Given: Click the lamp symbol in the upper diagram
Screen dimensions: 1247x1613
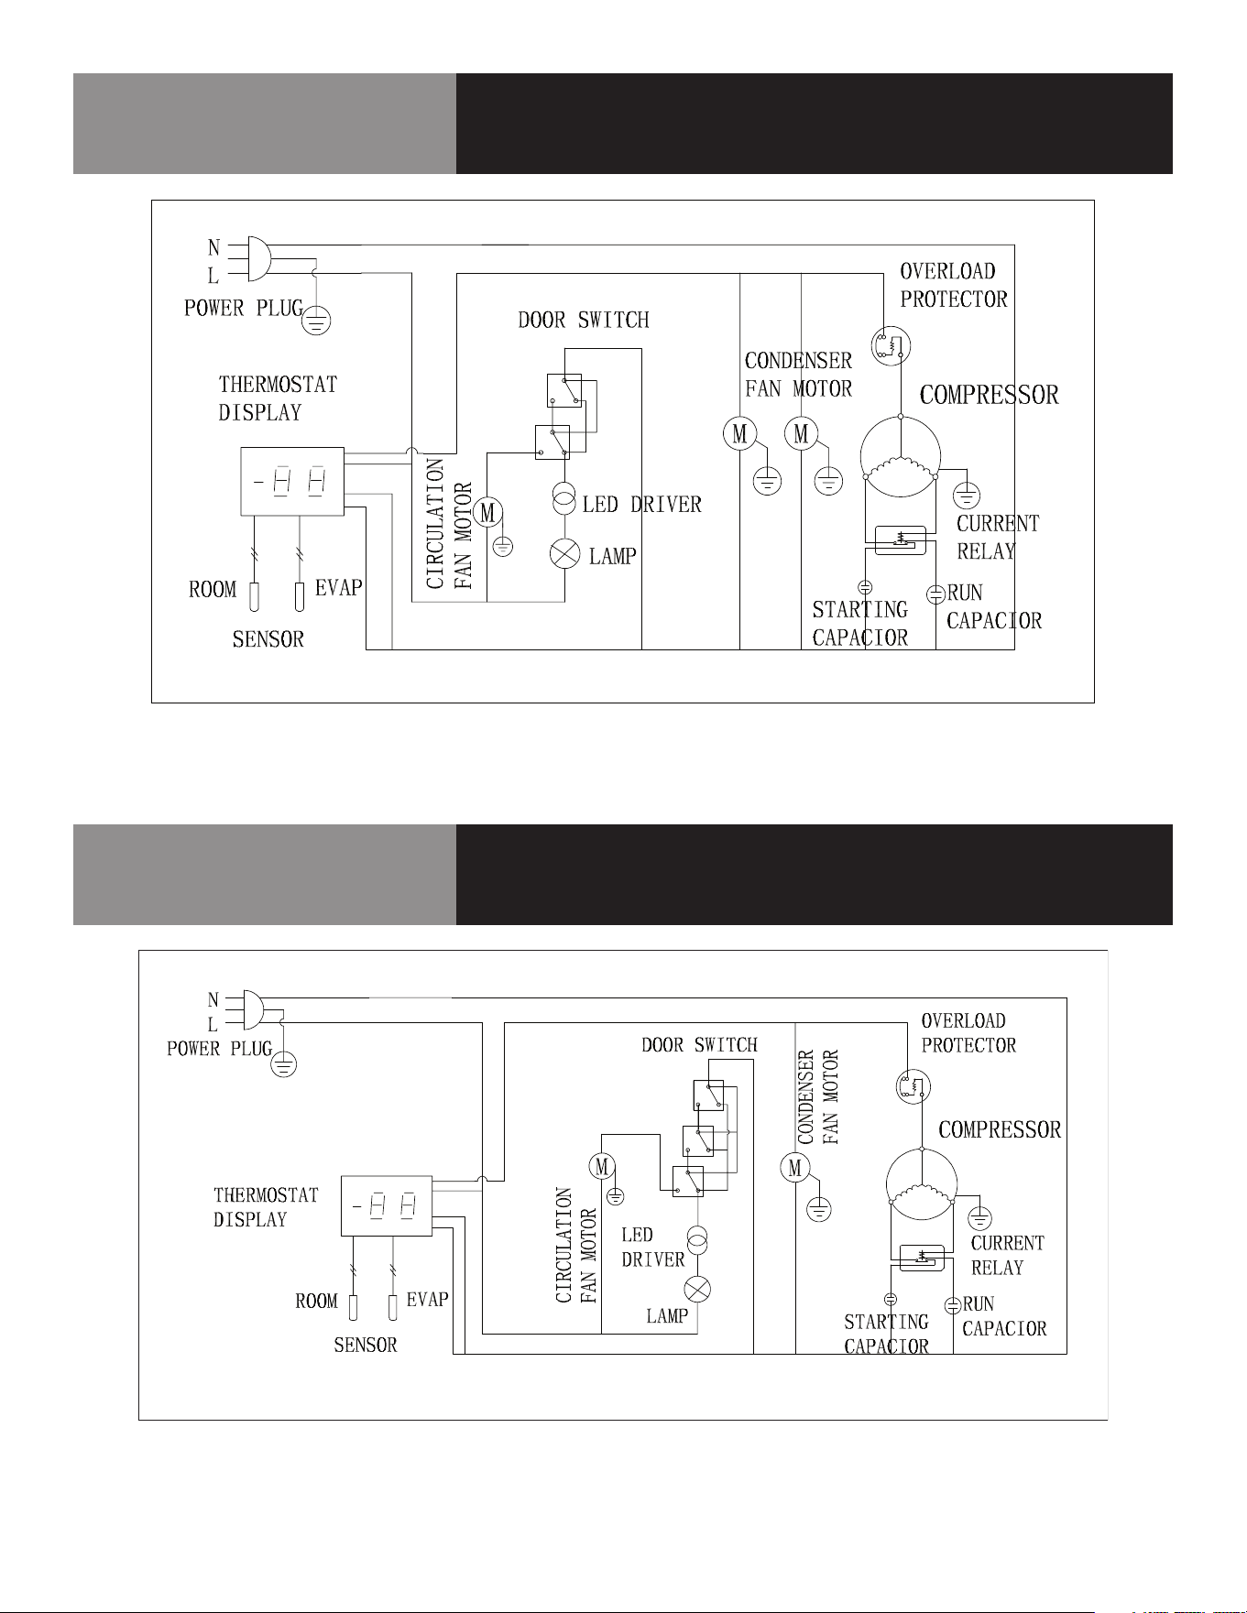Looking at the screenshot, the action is [564, 554].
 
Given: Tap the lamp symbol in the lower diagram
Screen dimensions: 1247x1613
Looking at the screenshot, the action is [698, 1290].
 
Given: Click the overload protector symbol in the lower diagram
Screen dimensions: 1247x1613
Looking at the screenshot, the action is [913, 1086].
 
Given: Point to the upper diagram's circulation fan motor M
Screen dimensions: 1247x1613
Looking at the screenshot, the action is [487, 513].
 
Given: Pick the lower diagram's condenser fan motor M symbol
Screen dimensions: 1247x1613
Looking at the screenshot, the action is [794, 1168].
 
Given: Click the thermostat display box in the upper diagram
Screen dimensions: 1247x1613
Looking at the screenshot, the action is [292, 482].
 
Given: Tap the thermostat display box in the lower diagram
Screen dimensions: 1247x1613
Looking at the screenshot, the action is [387, 1205].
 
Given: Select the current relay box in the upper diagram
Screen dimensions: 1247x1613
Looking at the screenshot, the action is [901, 539].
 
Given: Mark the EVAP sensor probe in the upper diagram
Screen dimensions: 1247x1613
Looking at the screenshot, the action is [300, 596].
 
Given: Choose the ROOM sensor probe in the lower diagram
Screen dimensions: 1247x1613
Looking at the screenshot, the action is [353, 1308].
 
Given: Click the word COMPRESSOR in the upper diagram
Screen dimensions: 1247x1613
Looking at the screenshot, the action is [990, 395].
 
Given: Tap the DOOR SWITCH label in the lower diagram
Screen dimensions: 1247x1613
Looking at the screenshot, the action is [699, 1045].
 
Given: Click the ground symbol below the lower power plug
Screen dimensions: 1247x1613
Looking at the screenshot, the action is [284, 1063].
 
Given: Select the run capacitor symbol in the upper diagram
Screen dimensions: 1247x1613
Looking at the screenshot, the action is [935, 594].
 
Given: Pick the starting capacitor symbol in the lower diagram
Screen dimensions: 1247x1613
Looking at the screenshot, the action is [891, 1299].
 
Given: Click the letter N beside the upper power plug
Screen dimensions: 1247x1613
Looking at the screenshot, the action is [213, 247].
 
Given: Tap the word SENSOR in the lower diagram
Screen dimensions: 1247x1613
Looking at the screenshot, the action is [366, 1345].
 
